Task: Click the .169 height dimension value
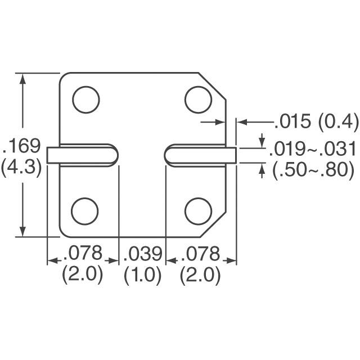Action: (x=22, y=146)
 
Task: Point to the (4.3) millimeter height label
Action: (x=22, y=167)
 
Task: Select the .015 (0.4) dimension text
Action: (x=316, y=121)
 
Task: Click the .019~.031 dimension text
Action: (x=312, y=149)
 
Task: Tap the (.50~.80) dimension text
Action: (x=313, y=170)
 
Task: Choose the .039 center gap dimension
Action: (x=142, y=254)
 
